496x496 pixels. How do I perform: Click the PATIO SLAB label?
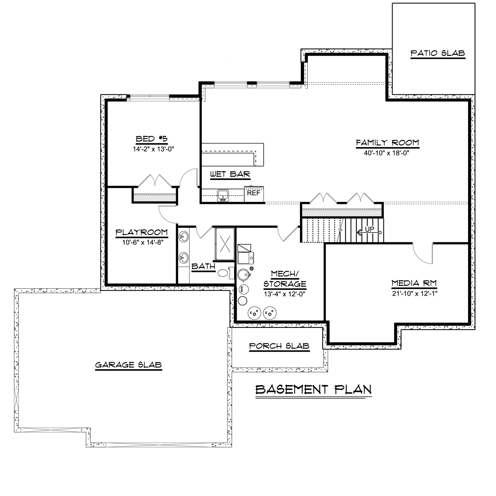pyautogui.click(x=438, y=53)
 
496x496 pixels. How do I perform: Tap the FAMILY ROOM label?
pyautogui.click(x=387, y=143)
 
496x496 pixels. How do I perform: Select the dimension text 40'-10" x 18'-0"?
pyautogui.click(x=386, y=153)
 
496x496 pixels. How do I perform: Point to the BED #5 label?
pyautogui.click(x=152, y=139)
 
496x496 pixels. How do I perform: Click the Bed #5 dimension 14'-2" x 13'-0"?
pyautogui.click(x=153, y=149)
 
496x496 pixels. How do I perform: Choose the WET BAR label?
pyautogui.click(x=230, y=174)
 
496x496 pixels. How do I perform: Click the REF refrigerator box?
pyautogui.click(x=254, y=194)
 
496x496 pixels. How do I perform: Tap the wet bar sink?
pyautogui.click(x=223, y=196)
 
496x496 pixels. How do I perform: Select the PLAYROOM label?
pyautogui.click(x=141, y=232)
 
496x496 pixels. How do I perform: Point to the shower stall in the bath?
pyautogui.click(x=225, y=244)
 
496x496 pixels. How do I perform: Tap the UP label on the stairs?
pyautogui.click(x=370, y=229)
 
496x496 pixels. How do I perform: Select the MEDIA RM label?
pyautogui.click(x=414, y=283)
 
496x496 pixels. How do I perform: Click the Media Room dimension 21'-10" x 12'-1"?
pyautogui.click(x=415, y=293)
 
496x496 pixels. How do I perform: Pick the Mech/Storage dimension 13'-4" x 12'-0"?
pyautogui.click(x=284, y=294)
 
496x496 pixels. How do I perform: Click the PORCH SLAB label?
pyautogui.click(x=279, y=346)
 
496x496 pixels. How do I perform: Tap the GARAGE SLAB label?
pyautogui.click(x=128, y=365)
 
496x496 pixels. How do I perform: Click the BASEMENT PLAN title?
pyautogui.click(x=313, y=389)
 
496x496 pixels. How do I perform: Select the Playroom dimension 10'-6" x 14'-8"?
pyautogui.click(x=143, y=242)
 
